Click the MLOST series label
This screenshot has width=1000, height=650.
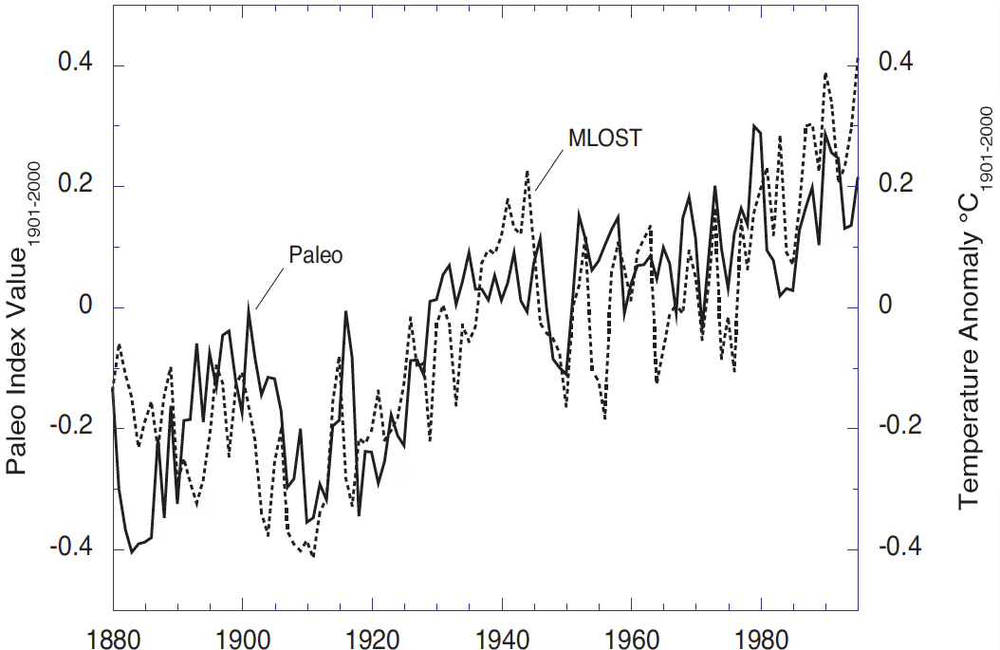point(605,139)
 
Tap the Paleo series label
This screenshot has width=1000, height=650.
point(314,254)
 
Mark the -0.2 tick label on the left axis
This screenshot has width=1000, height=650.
point(72,428)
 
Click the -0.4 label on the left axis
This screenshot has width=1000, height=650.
point(72,549)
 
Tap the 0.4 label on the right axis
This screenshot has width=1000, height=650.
point(896,63)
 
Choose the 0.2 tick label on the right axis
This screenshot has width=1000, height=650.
point(896,184)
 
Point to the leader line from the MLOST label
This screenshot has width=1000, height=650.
point(547,170)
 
